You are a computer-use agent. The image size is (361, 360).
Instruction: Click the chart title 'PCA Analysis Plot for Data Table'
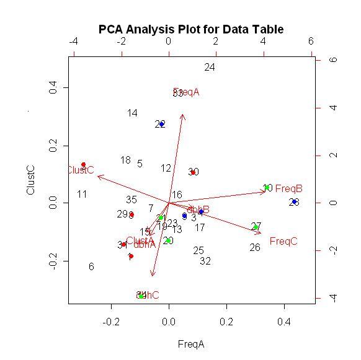[191, 29]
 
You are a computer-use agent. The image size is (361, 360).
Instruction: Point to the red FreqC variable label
[283, 241]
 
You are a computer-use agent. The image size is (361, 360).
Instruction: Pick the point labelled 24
[210, 68]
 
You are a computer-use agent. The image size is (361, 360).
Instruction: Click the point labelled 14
[132, 113]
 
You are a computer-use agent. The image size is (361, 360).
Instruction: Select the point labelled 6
[91, 267]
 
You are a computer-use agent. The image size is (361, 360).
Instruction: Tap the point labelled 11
[82, 195]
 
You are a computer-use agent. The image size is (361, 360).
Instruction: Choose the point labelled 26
[255, 248]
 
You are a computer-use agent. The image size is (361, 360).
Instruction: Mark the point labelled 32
[206, 261]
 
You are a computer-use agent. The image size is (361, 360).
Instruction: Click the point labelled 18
[125, 160]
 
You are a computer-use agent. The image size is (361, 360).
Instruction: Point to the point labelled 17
[200, 228]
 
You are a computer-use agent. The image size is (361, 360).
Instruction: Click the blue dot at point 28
[294, 201]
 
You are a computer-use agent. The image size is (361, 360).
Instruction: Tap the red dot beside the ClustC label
[83, 165]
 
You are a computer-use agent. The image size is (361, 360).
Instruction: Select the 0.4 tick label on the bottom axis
[284, 322]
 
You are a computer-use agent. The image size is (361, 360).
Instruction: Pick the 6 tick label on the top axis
[311, 42]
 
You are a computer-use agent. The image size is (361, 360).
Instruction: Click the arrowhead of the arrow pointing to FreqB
[265, 192]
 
